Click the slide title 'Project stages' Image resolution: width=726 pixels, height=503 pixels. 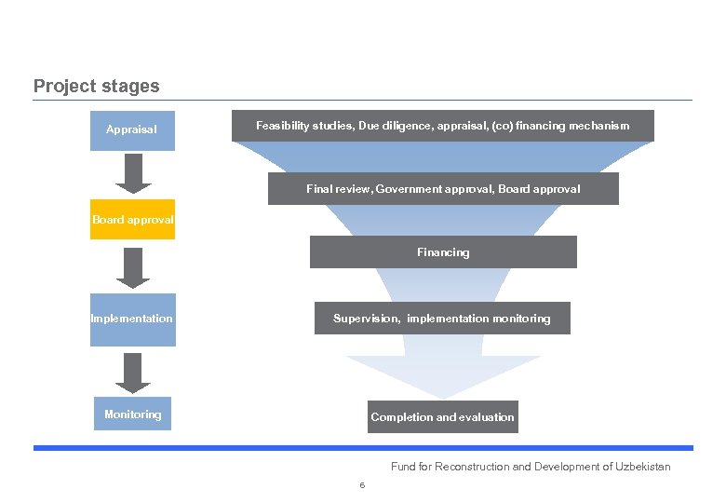(96, 87)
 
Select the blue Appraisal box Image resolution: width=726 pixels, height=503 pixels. (132, 129)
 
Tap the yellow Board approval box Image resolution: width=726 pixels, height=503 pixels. (132, 220)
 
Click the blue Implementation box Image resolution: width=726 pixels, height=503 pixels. (132, 319)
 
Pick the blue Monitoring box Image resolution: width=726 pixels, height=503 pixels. (132, 415)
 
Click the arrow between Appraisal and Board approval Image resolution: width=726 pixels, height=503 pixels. (133, 173)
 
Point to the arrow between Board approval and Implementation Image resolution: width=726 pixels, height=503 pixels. (133, 268)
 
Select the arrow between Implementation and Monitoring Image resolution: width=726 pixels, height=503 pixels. (133, 373)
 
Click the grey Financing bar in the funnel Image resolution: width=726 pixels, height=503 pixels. (443, 252)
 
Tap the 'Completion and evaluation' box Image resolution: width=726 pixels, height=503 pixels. (442, 417)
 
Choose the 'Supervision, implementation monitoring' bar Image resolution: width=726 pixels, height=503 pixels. (442, 319)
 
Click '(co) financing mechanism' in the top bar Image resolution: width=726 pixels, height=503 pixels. (559, 126)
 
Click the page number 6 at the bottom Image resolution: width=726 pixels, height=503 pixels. (362, 485)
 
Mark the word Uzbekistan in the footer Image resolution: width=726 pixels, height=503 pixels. (642, 467)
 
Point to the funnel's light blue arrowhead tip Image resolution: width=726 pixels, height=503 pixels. (443, 393)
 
